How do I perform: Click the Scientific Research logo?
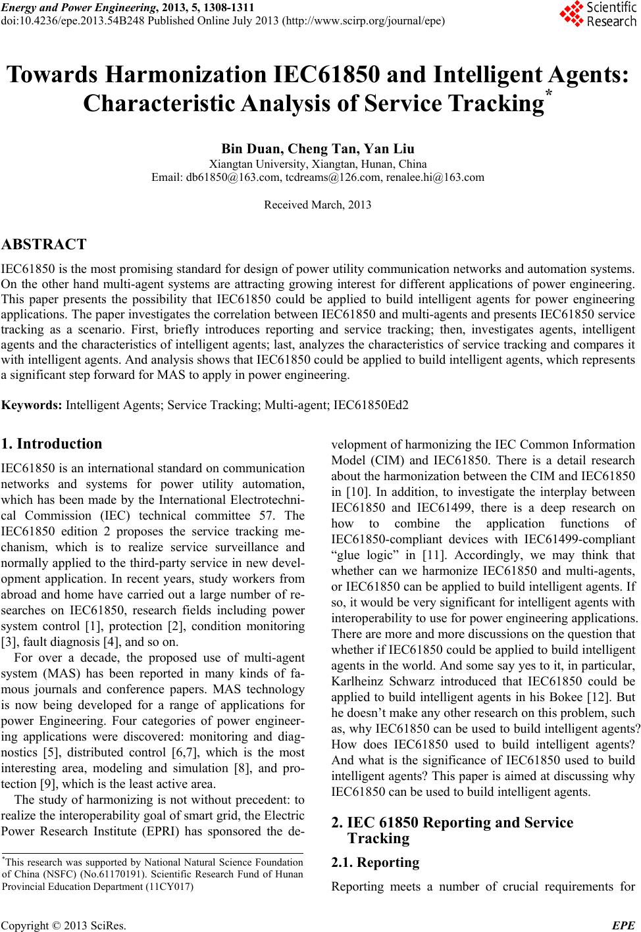pyautogui.click(x=598, y=14)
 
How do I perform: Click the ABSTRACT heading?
pyautogui.click(x=44, y=245)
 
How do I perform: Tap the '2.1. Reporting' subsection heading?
pyautogui.click(x=375, y=862)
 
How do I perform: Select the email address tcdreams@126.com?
pyautogui.click(x=318, y=177)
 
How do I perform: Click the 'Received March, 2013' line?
pyautogui.click(x=317, y=205)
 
